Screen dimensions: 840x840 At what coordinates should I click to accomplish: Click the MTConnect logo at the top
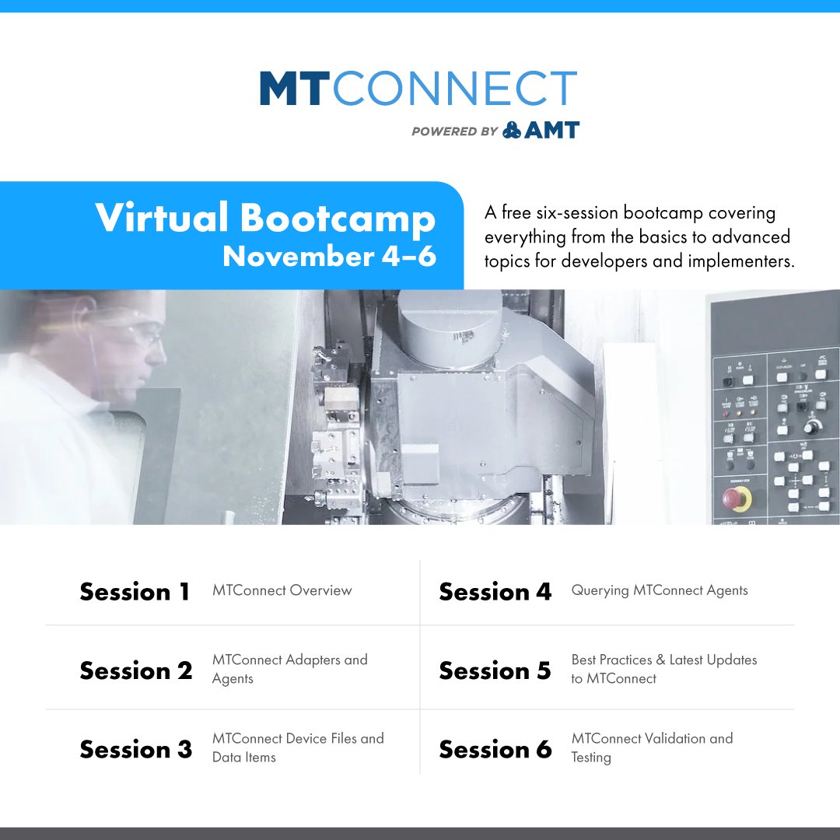tap(418, 89)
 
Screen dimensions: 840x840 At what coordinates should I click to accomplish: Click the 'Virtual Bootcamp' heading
tap(265, 219)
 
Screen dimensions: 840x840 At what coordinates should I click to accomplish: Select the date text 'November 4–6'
tap(329, 256)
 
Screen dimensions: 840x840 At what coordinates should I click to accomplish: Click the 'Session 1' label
tap(135, 592)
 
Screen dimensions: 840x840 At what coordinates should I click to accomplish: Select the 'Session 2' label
tap(135, 670)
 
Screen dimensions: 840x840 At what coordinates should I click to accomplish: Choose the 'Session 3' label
tap(135, 749)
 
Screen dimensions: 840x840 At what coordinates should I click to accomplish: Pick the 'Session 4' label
tap(495, 592)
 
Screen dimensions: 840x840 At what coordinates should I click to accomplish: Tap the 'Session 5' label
tap(495, 670)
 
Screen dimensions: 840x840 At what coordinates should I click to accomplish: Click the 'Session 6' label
tap(495, 749)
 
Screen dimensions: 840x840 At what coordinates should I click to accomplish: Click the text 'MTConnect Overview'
tap(282, 590)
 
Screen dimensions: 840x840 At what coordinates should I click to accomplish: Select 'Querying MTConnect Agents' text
tap(659, 590)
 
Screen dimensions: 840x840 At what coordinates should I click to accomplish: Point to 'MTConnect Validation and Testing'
tap(651, 747)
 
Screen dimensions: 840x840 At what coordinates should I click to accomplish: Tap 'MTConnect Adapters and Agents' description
tap(289, 669)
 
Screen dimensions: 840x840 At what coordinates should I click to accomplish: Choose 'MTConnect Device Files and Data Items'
tap(298, 747)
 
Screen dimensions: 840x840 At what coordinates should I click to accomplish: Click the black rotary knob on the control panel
tap(813, 427)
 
